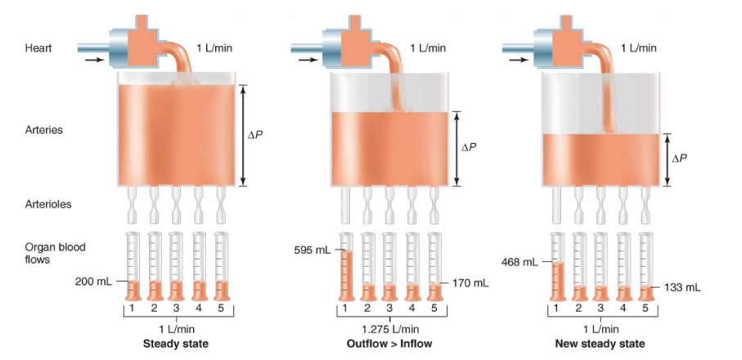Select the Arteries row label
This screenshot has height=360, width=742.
(x=44, y=130)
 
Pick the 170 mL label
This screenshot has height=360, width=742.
(x=471, y=283)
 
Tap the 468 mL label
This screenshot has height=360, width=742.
(x=520, y=262)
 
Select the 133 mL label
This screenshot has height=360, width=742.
(x=684, y=287)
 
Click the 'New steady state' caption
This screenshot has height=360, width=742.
(x=600, y=344)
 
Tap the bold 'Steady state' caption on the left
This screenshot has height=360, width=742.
(x=176, y=344)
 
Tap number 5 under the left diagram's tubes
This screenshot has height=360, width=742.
(x=220, y=308)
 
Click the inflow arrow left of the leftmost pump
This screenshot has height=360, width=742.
(x=95, y=60)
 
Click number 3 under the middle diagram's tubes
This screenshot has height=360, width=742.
(x=389, y=308)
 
